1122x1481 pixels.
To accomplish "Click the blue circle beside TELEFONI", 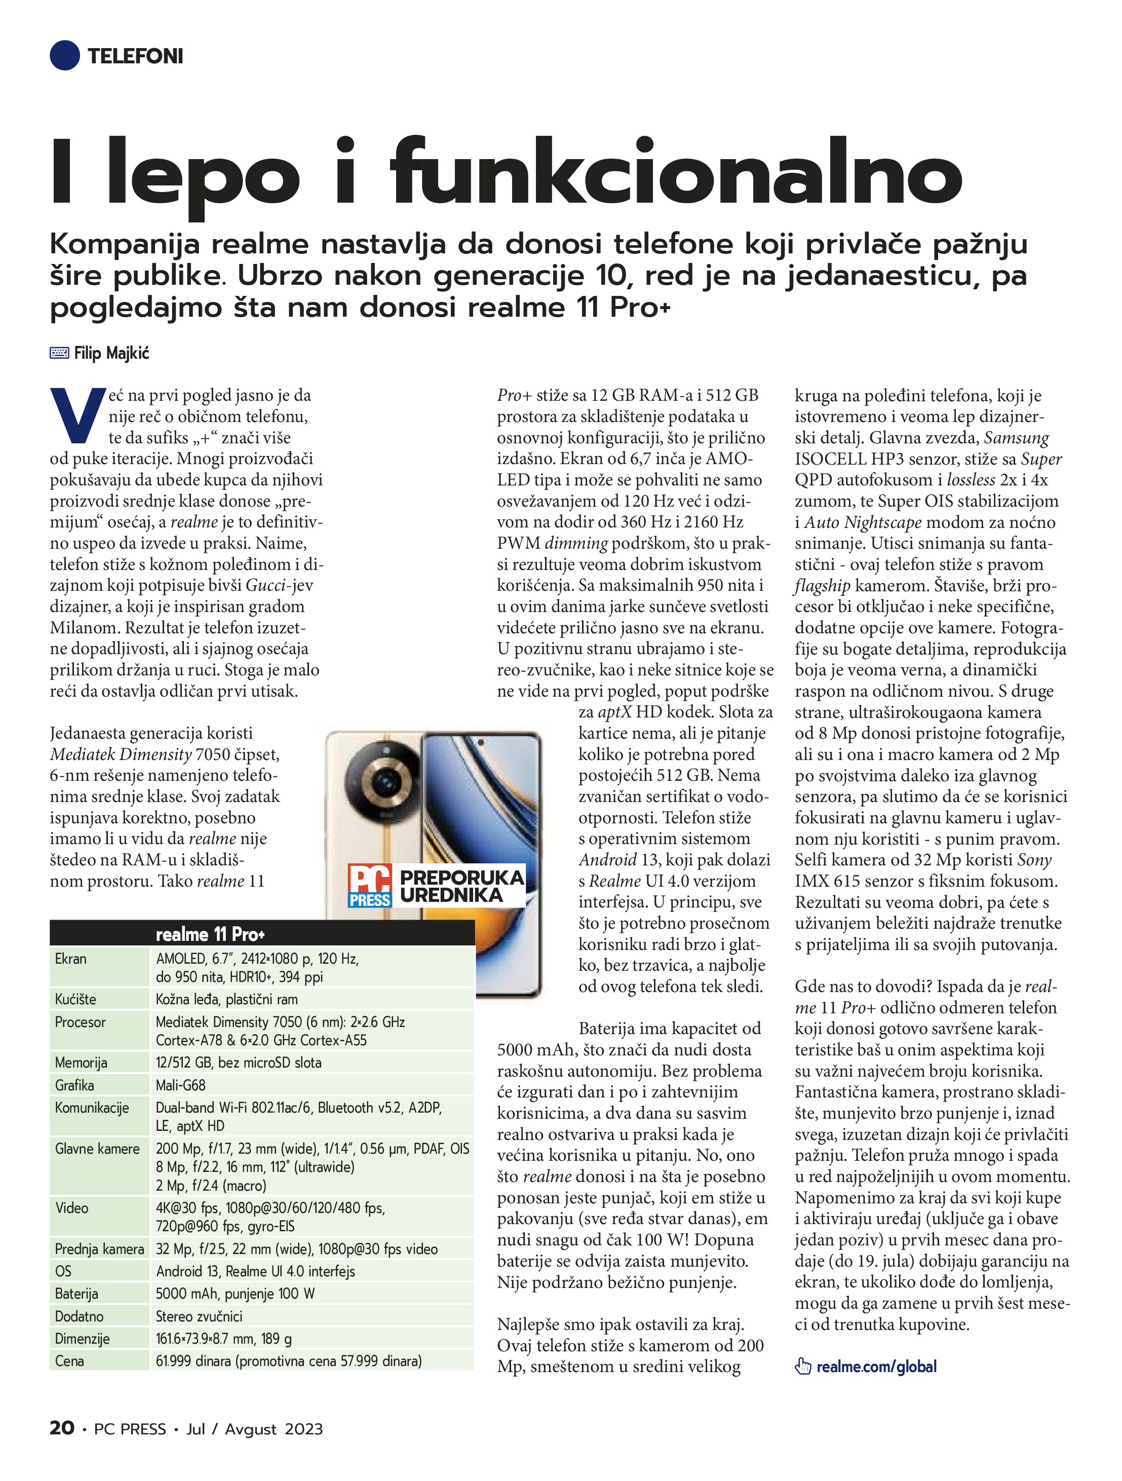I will [65, 56].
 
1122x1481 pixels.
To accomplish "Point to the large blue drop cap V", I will [77, 415].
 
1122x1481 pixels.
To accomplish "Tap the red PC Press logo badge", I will [370, 886].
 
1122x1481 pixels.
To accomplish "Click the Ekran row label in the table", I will [71, 959].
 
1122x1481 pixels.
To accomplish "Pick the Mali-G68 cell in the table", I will [181, 1085].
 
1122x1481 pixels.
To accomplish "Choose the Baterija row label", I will [76, 1294].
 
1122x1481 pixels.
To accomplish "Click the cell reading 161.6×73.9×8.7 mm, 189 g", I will [223, 1339].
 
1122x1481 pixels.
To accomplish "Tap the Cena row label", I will [69, 1360].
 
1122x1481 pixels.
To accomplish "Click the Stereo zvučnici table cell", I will [199, 1316].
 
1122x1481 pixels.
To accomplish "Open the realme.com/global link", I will [876, 1366].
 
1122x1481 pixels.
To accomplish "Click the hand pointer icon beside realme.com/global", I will [802, 1366].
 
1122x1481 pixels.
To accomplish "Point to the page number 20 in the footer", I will [62, 1428].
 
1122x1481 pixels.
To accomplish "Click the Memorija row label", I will [81, 1062].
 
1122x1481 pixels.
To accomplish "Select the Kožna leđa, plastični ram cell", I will [226, 1000].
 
